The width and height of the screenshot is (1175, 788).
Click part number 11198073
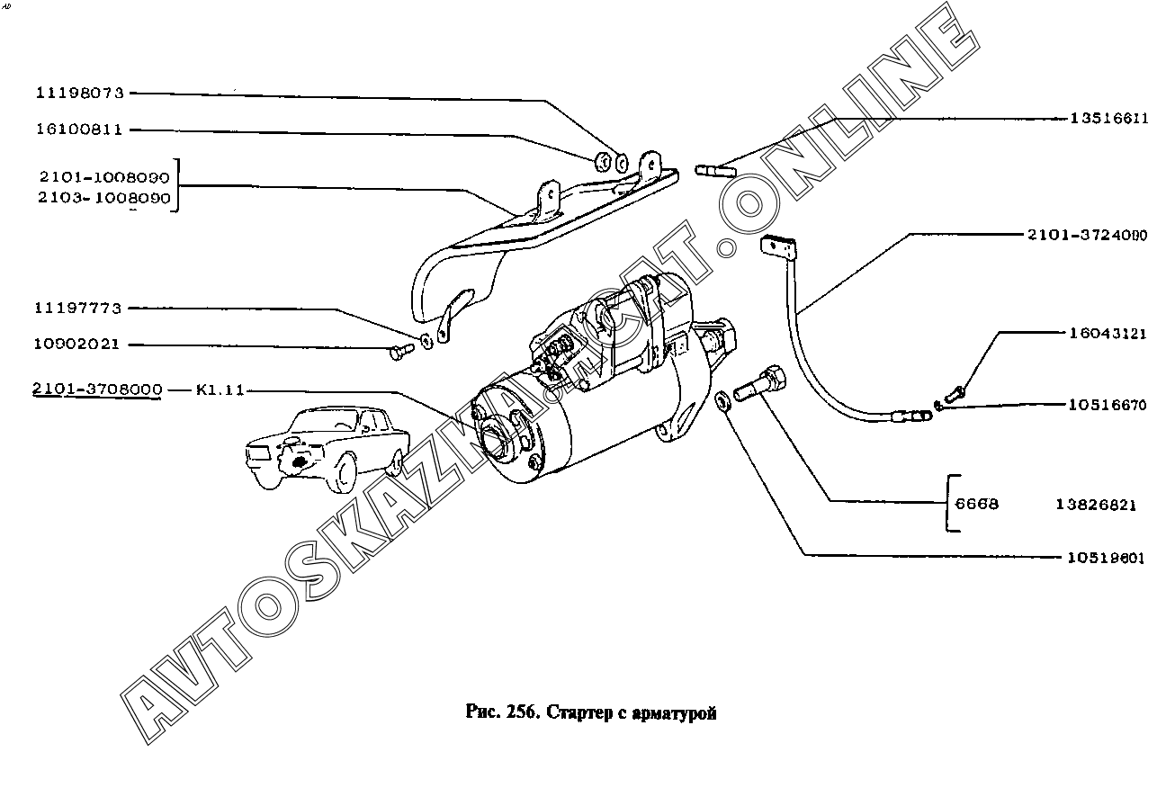pos(80,93)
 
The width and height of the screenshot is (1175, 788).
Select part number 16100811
pos(80,130)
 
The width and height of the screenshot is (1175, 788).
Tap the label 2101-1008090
pos(103,178)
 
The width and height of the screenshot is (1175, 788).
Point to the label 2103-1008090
pos(103,198)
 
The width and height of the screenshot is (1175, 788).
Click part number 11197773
pos(80,308)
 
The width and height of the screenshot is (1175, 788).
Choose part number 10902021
pos(80,345)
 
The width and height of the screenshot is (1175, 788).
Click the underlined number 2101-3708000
pos(97,390)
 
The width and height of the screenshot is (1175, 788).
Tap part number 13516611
pos(1108,118)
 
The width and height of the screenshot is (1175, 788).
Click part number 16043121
pos(1108,333)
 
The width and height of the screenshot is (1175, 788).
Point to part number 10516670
pos(1108,405)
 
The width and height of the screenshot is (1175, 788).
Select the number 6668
pos(976,505)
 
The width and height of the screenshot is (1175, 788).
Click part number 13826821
pos(1096,505)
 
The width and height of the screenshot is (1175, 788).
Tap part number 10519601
pos(1106,558)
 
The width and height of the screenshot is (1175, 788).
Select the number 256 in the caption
pos(522,712)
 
